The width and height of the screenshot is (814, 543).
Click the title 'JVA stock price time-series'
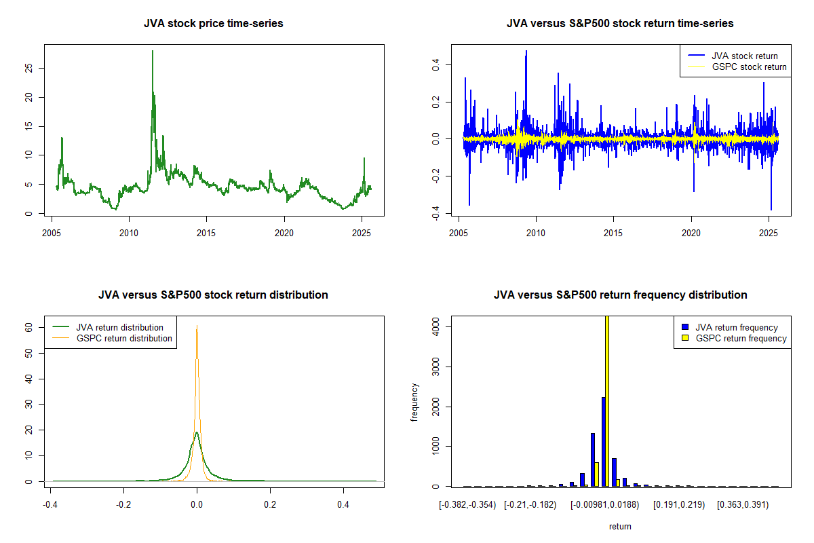pyautogui.click(x=213, y=24)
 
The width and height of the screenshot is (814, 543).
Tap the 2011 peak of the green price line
pyautogui.click(x=153, y=52)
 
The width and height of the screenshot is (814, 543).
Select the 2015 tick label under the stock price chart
pyautogui.click(x=206, y=231)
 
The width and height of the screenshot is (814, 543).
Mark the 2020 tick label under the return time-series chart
pyautogui.click(x=691, y=231)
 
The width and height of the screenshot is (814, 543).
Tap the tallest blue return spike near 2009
pyautogui.click(x=526, y=52)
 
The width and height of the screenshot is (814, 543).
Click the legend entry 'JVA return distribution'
pyautogui.click(x=119, y=327)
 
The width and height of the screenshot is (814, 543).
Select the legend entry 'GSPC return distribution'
pyautogui.click(x=123, y=338)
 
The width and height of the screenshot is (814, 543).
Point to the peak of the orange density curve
pyautogui.click(x=197, y=326)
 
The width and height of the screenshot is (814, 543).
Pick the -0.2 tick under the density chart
pyautogui.click(x=123, y=504)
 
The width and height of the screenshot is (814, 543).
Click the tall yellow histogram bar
pyautogui.click(x=607, y=400)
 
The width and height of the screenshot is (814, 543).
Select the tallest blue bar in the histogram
pyautogui.click(x=602, y=441)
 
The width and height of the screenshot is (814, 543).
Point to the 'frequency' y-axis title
pyautogui.click(x=414, y=402)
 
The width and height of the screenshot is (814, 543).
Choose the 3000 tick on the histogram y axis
pyautogui.click(x=435, y=367)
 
